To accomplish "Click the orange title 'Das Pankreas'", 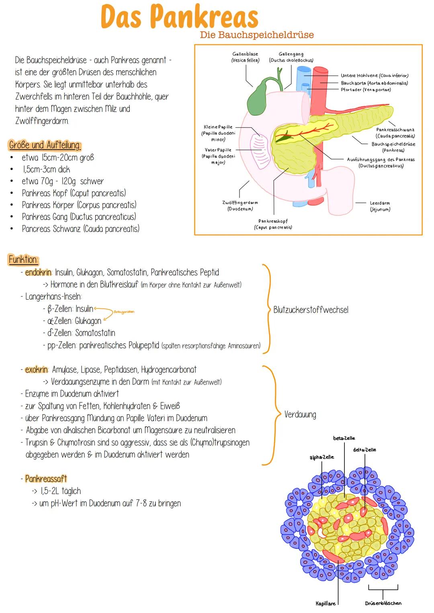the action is [180, 17].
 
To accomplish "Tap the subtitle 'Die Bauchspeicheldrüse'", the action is [257, 35].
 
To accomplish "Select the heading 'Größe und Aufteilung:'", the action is [45, 145].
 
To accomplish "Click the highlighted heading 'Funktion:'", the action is [23, 259].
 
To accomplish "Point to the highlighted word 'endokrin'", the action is [38, 272].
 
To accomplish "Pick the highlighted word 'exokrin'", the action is [37, 369].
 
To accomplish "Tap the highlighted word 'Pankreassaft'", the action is [46, 479].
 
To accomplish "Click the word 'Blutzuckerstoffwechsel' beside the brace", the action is [311, 310].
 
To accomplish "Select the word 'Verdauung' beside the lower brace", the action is [300, 415].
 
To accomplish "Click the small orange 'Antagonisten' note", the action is [124, 312].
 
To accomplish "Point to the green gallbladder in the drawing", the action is [258, 98].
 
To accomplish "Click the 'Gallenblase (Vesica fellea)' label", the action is [245, 57].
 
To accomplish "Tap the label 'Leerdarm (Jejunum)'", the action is [380, 206].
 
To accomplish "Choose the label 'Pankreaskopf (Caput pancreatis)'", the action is [273, 224].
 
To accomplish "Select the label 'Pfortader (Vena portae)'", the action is [366, 90].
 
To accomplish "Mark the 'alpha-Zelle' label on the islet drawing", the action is [321, 457].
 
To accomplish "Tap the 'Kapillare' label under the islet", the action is [325, 603].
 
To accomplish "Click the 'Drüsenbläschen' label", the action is [383, 603].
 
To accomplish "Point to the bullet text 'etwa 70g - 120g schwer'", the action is [63, 181].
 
